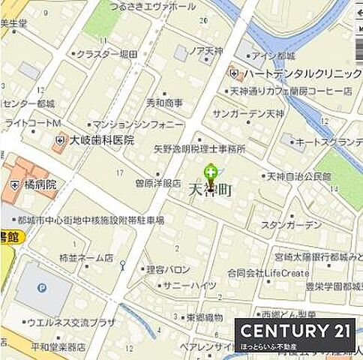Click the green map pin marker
pos(211,173)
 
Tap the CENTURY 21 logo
pos(295,331)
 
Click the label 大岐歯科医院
pos(102,139)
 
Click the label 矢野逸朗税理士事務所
pos(199,149)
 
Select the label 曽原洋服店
pos(157,182)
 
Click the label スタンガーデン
pos(291,224)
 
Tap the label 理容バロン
pos(168,269)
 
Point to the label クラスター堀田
pos(105,54)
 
